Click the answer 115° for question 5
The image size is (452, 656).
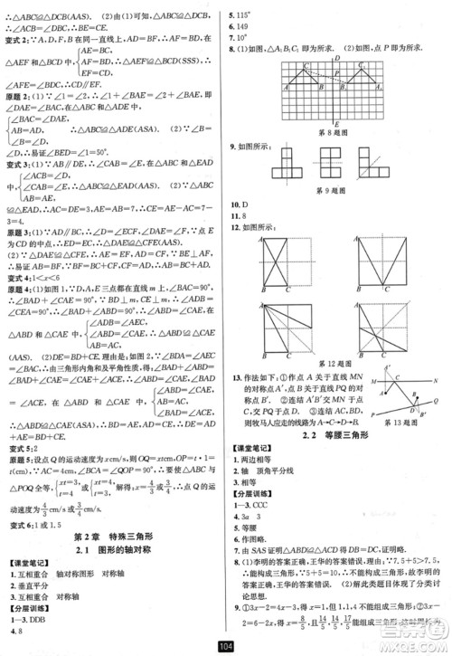point(243,14)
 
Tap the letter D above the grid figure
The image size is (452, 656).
point(337,57)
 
